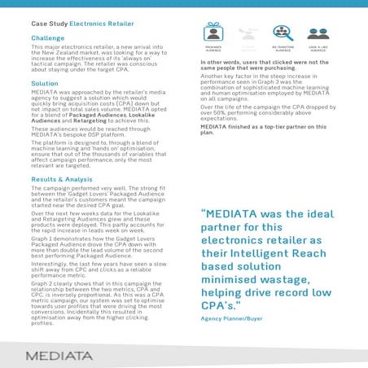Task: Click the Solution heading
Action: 45,83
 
